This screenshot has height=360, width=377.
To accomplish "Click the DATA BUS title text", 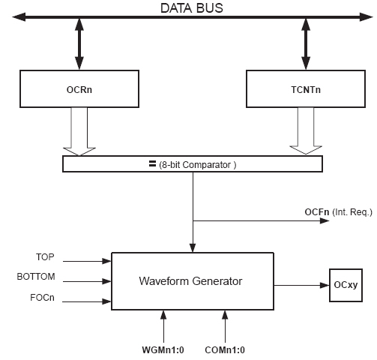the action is coord(192,8).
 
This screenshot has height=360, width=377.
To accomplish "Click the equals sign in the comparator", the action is coord(152,164).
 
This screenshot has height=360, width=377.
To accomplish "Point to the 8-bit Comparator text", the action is coord(197,165).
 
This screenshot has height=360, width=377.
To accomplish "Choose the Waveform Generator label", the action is coord(190,281).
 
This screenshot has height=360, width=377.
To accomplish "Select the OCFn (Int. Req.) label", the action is coord(339,212).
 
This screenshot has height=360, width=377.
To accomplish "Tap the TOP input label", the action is coord(45,257).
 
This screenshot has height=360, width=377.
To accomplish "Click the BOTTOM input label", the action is coord(36,277).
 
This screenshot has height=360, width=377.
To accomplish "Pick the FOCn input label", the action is coord(42,298).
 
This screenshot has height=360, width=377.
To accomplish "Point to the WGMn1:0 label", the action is coord(163,350).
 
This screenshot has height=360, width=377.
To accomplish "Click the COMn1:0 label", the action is coord(225,350).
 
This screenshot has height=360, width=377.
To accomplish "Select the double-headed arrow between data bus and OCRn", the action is coord(79,43).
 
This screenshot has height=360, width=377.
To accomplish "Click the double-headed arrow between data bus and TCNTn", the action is coord(306,43).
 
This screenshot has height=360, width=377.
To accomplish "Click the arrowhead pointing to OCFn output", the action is coord(325,220).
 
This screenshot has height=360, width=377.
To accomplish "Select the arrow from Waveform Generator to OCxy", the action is coord(301,285).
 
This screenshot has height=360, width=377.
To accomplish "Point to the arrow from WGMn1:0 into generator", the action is coord(163,326).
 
